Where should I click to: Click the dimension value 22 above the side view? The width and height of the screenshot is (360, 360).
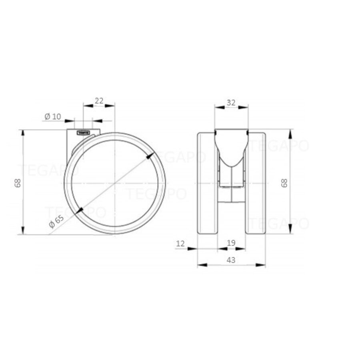coord(99,101)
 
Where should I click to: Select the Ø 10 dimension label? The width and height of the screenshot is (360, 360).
coord(52,116)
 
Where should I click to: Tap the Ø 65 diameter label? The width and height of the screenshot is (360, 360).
coord(56,221)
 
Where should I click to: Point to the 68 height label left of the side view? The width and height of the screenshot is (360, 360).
coord(17,183)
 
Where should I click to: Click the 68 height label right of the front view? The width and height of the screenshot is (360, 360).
coord(284,183)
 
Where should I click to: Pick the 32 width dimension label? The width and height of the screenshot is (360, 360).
coord(231,102)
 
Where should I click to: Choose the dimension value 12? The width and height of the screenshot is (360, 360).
coord(180,243)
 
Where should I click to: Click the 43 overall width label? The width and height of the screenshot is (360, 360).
coord(231,260)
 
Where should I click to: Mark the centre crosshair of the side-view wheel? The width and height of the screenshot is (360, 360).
coord(115,183)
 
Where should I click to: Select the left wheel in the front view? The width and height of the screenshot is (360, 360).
coord(208,182)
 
